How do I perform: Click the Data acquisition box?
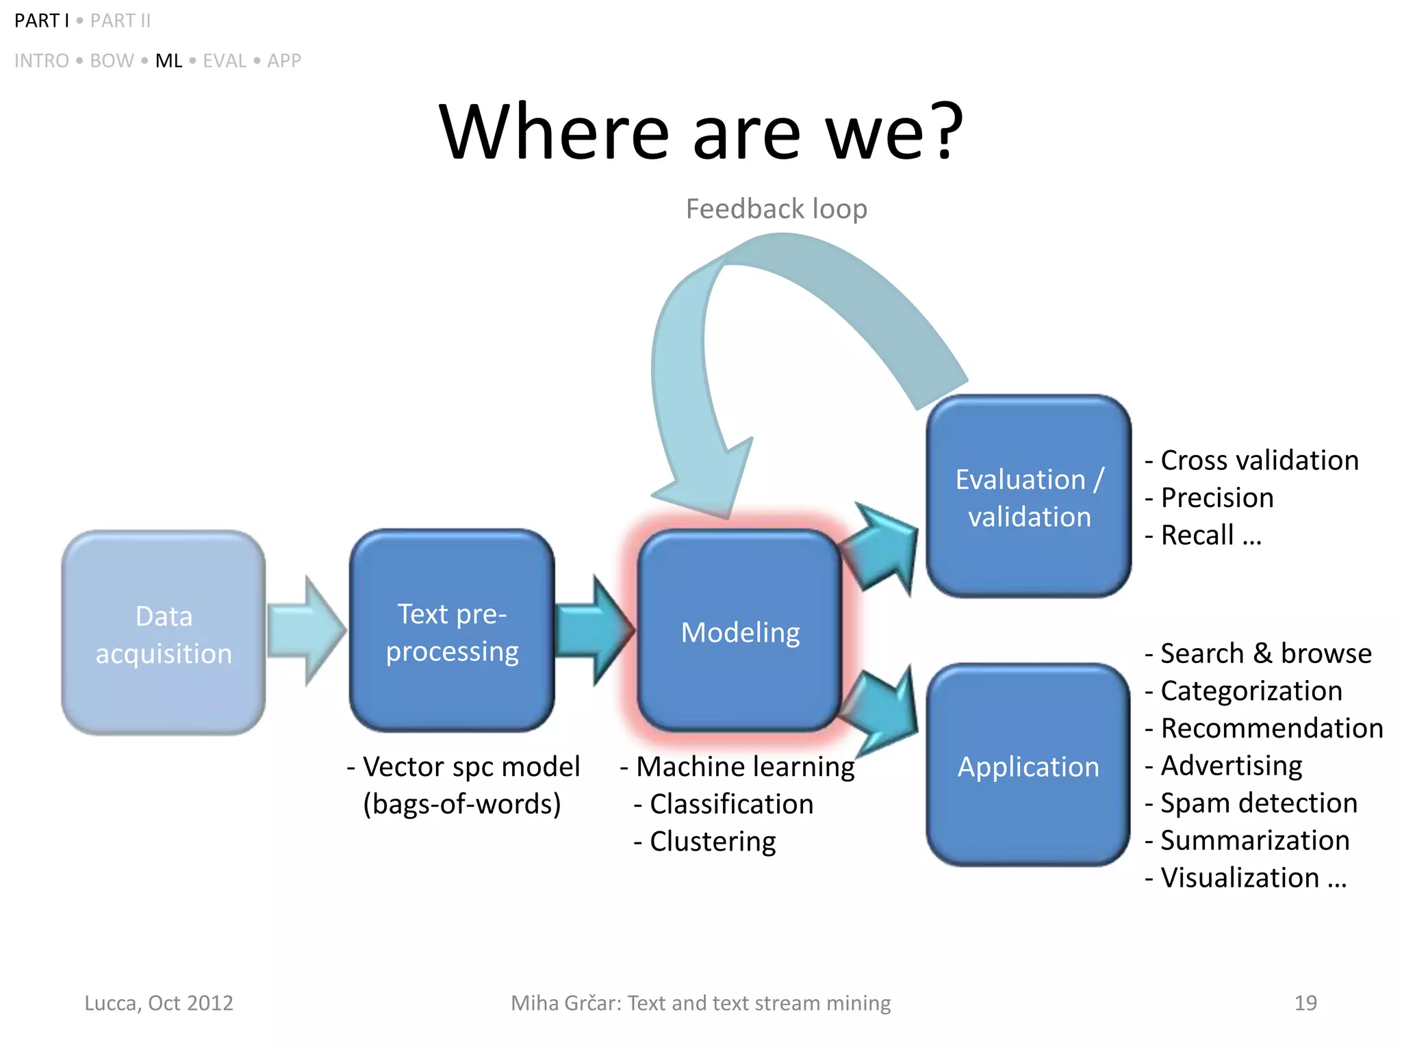(x=164, y=632)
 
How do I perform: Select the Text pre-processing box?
(x=452, y=631)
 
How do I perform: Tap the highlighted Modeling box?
(x=739, y=631)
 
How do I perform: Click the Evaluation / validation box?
(x=1028, y=497)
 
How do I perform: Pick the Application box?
(x=1028, y=765)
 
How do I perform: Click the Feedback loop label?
(x=776, y=209)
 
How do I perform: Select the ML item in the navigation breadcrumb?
(x=168, y=61)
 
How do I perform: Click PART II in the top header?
(x=120, y=21)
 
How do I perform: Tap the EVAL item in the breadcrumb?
(x=225, y=61)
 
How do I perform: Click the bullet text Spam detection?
(x=1258, y=803)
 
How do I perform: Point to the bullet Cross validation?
(x=1258, y=460)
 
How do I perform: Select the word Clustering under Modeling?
(x=712, y=841)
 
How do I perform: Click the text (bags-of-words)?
(x=462, y=804)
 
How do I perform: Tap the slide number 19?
(x=1305, y=1003)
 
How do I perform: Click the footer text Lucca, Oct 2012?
(x=159, y=1003)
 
